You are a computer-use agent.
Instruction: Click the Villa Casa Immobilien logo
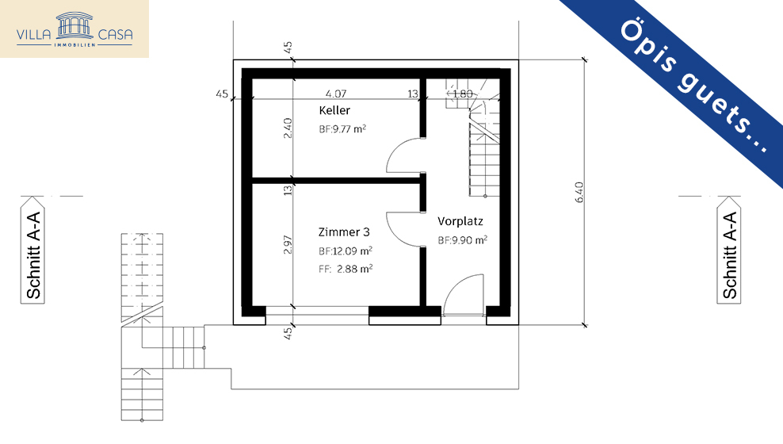tap(74, 29)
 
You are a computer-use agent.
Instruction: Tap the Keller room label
tap(334, 110)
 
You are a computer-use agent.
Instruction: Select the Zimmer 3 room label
tap(344, 232)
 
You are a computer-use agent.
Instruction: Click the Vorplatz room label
tap(460, 221)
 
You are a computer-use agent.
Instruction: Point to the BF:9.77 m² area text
tap(342, 128)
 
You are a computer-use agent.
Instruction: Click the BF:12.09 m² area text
tap(346, 251)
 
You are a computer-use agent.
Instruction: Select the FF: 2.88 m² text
tap(346, 269)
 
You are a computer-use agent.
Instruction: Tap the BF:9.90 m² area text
tap(462, 240)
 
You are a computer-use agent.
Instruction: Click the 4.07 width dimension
tap(336, 94)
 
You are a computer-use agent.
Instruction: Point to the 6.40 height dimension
tap(579, 193)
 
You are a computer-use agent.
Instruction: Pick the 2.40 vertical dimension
tap(288, 128)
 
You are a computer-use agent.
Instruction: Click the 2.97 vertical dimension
tap(288, 245)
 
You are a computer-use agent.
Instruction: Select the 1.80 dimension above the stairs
tap(461, 94)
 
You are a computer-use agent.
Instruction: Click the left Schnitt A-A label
tap(33, 256)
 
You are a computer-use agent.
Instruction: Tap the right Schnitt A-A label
tap(729, 256)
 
